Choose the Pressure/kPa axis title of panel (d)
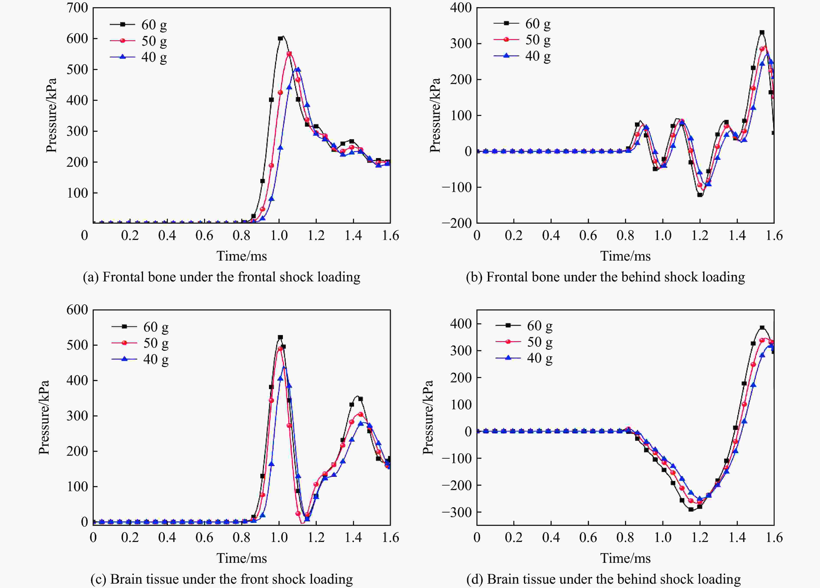[x=428, y=417]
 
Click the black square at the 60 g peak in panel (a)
[x=280, y=38]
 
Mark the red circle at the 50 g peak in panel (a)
[x=289, y=54]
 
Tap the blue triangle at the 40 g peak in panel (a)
[x=298, y=69]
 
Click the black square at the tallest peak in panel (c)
[x=280, y=337]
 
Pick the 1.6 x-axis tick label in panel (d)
[x=774, y=538]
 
